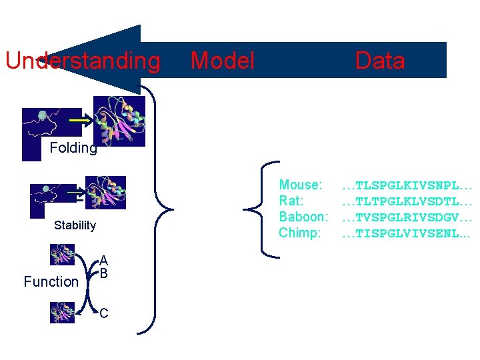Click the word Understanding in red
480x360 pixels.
tap(83, 61)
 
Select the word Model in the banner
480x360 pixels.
tap(223, 61)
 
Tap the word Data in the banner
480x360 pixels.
tap(380, 61)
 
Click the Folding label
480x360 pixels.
tap(73, 148)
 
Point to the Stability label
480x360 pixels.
tap(75, 225)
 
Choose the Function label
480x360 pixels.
tap(51, 282)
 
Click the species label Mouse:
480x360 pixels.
tap(301, 185)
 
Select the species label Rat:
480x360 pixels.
tap(291, 201)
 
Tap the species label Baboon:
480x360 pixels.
tap(303, 217)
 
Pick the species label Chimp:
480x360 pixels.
tap(300, 233)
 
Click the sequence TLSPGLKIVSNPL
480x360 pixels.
tap(407, 185)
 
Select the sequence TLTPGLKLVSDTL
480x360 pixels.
tap(407, 201)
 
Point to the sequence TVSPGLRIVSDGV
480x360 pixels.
tap(407, 217)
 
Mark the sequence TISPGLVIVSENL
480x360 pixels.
tap(407, 233)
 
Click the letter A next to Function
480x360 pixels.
tap(104, 261)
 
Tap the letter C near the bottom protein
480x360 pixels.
tap(104, 313)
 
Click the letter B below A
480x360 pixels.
tap(104, 273)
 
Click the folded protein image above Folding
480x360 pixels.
tap(119, 121)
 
